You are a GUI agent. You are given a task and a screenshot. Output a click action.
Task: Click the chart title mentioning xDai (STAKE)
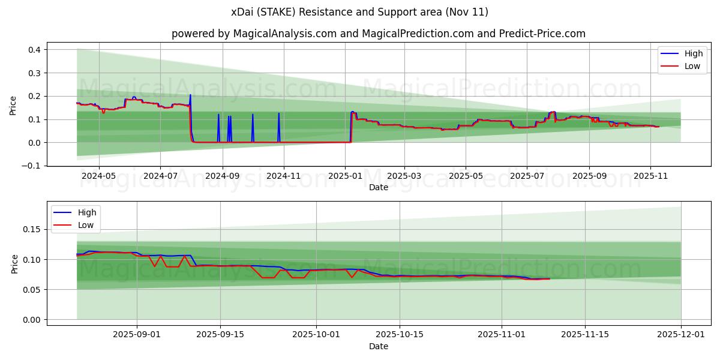[359, 12]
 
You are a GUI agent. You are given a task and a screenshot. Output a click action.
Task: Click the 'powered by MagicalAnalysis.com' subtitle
[378, 34]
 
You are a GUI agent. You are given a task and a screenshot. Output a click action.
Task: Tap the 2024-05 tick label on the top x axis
[98, 176]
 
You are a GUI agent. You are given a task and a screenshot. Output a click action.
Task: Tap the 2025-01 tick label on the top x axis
[345, 176]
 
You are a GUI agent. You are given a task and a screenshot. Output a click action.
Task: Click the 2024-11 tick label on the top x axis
[283, 176]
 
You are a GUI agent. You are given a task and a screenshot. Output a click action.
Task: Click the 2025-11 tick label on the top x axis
[650, 176]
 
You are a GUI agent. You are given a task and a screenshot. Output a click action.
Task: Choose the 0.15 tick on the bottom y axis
[31, 230]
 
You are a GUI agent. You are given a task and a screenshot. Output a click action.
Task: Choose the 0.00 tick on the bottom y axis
[31, 320]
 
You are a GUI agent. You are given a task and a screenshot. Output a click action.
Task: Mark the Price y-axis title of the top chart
[13, 105]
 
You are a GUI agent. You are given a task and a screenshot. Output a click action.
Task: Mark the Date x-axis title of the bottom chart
[378, 346]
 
